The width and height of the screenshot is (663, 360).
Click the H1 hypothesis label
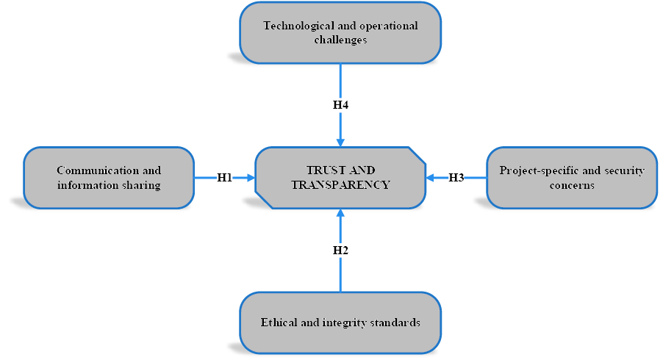click(x=224, y=178)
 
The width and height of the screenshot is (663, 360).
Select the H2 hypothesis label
click(x=340, y=251)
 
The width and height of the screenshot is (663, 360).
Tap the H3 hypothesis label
click(x=456, y=178)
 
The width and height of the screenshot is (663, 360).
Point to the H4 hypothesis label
click(x=340, y=105)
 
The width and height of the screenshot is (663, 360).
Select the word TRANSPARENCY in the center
click(x=340, y=185)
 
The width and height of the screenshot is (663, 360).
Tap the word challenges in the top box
click(x=340, y=40)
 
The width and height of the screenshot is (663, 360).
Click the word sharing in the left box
click(x=142, y=185)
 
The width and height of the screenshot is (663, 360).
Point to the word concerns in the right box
click(x=572, y=185)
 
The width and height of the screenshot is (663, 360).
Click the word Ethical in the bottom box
click(x=278, y=323)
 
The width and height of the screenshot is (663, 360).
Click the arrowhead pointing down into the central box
click(x=340, y=141)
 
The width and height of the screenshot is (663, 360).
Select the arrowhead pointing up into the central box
click(x=340, y=214)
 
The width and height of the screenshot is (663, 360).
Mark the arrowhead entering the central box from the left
click(x=250, y=178)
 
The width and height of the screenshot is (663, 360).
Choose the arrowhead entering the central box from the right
click(x=431, y=178)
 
